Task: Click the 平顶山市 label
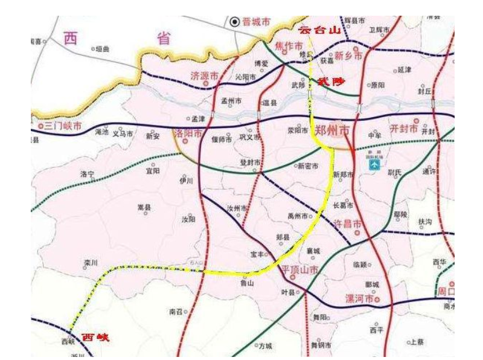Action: click(x=299, y=271)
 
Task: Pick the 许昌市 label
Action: click(x=348, y=224)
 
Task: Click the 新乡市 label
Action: click(x=348, y=56)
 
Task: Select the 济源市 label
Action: click(x=204, y=76)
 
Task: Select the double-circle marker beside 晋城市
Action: click(x=235, y=22)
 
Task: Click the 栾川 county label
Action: click(x=91, y=263)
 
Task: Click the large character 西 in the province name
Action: click(x=71, y=38)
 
